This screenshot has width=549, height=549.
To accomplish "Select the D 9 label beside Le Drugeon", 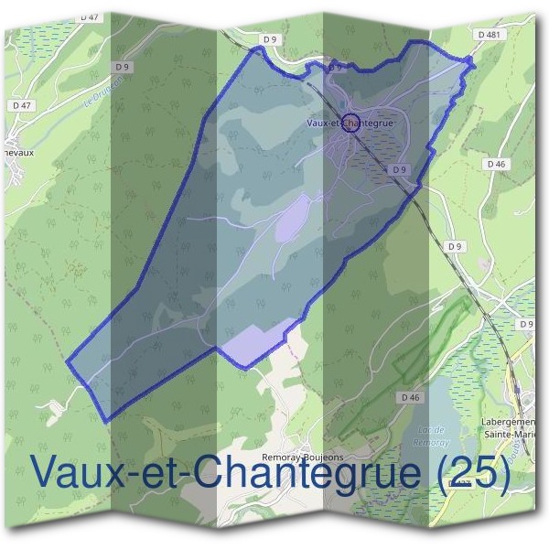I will [x=122, y=67].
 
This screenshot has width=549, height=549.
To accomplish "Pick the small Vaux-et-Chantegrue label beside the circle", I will [x=350, y=121].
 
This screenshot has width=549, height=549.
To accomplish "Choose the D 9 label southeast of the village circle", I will [x=398, y=169].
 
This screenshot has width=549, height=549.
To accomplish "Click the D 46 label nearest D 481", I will [x=496, y=164].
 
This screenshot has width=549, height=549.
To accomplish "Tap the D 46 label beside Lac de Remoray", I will [x=409, y=397].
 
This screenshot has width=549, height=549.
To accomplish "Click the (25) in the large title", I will [x=473, y=472].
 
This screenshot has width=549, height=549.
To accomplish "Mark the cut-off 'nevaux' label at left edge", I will [x=16, y=153].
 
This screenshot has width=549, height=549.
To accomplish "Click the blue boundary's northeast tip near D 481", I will [x=471, y=60].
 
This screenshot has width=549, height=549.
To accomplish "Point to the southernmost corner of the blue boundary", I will [x=108, y=421].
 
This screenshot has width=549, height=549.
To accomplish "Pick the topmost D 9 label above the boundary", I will [x=269, y=39].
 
